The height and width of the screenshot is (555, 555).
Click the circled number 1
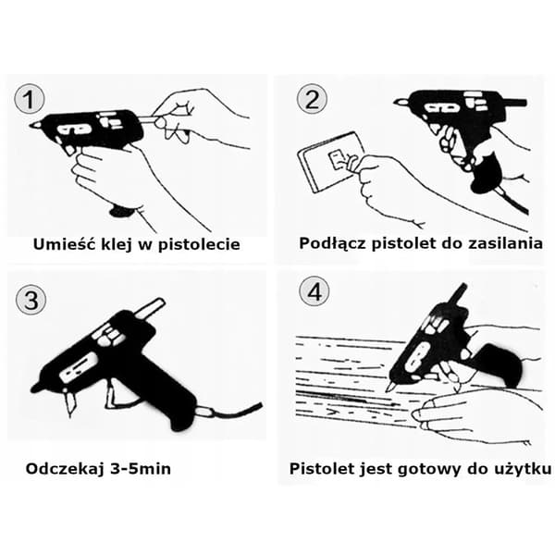click(x=30, y=99)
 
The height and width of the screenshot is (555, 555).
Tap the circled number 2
click(x=312, y=99)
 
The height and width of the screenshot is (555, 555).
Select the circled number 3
click(x=31, y=300)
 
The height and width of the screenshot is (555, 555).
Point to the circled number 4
click(x=314, y=291)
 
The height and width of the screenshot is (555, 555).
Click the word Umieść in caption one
click(x=66, y=244)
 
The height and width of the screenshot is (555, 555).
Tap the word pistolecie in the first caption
click(x=199, y=244)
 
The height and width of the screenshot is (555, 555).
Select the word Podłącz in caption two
click(x=332, y=243)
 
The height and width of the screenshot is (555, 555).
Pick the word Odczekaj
click(x=65, y=469)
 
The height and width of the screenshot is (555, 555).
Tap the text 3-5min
click(x=141, y=469)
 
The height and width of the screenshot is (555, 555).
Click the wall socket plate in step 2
click(x=332, y=162)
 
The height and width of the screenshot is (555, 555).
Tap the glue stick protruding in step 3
click(x=150, y=308)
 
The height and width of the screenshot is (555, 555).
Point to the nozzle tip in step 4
click(x=389, y=387)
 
